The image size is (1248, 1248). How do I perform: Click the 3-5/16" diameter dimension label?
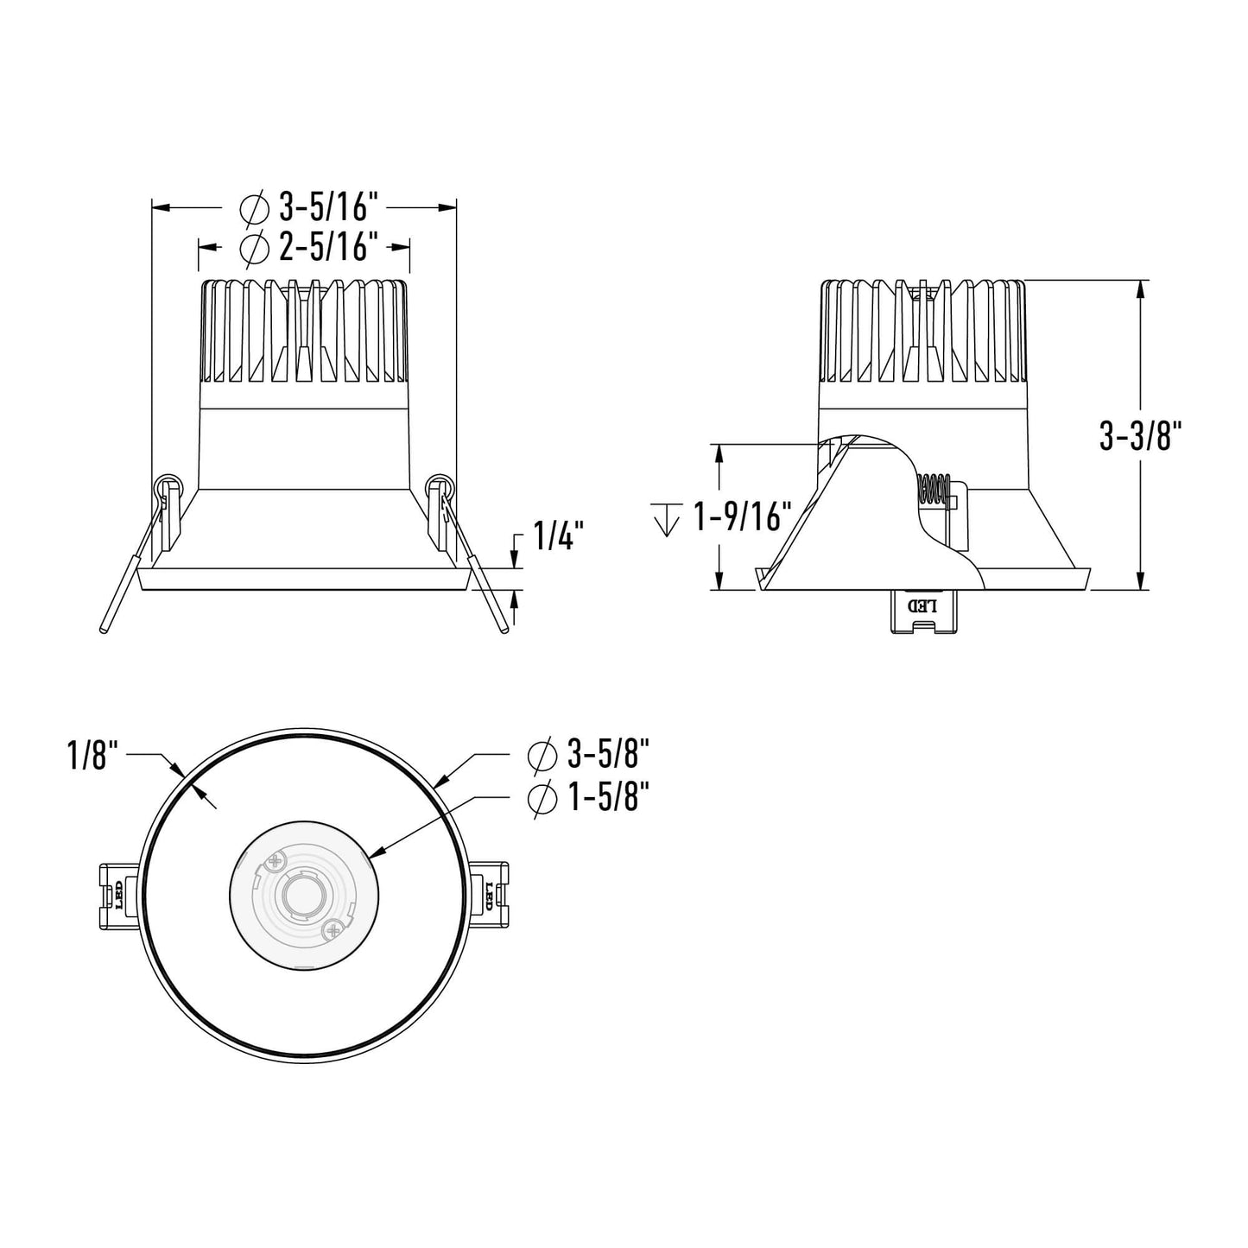coord(329,207)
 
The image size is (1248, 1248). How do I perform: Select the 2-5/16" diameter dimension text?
coord(329,248)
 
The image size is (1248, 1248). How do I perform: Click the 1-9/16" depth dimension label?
coord(743,518)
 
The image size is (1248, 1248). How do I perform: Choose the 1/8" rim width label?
coord(90,757)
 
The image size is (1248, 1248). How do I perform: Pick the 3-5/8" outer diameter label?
coord(608,756)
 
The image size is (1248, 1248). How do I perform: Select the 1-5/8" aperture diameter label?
coord(608,799)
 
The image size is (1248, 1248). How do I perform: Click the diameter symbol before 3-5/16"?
coord(255,207)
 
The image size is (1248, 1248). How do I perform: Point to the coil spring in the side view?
coord(934,491)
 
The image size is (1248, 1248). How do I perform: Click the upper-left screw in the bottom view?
coord(276,860)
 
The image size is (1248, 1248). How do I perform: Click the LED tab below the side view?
coord(922,611)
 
